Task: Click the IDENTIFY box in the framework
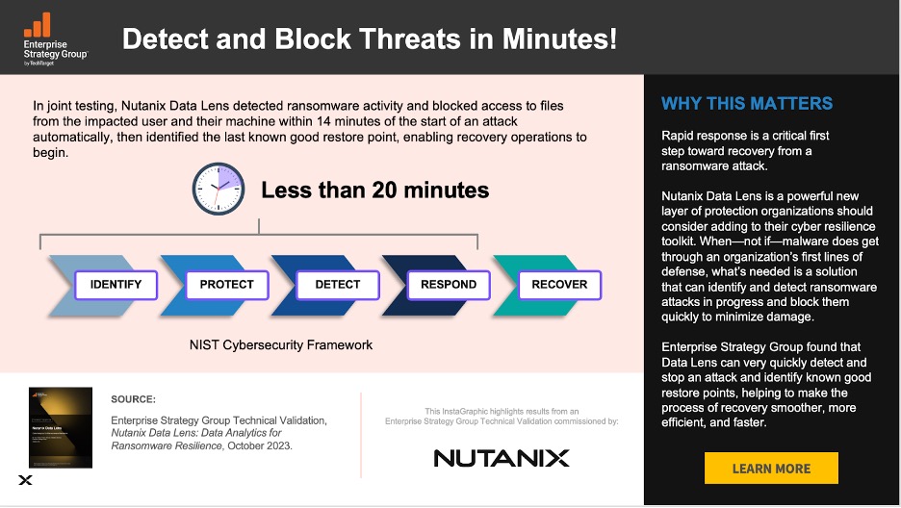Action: click(x=116, y=285)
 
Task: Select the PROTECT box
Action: click(x=226, y=285)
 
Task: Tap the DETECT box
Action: click(x=337, y=285)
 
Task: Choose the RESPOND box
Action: click(x=449, y=285)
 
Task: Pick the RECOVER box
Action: click(x=559, y=285)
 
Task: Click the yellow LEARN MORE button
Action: click(x=771, y=469)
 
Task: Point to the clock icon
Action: click(x=219, y=189)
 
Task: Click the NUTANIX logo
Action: click(x=501, y=457)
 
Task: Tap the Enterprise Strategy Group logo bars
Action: click(x=38, y=25)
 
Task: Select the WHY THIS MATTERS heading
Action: click(x=747, y=104)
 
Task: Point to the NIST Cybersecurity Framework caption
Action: click(x=280, y=344)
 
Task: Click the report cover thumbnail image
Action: click(x=60, y=427)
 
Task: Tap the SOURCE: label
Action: click(x=133, y=398)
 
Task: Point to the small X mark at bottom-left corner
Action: click(x=25, y=480)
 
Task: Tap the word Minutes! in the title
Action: click(x=557, y=39)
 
